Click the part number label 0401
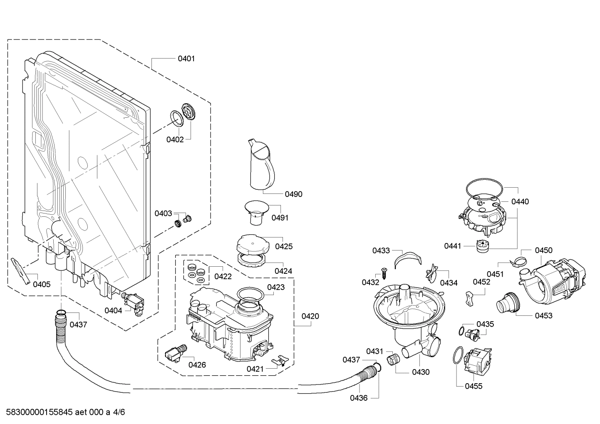[186, 59]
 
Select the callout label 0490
[293, 194]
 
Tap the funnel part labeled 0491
[256, 211]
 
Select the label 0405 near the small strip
[42, 285]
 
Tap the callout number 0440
[520, 201]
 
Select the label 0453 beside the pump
[543, 315]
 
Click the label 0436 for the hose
[358, 398]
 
